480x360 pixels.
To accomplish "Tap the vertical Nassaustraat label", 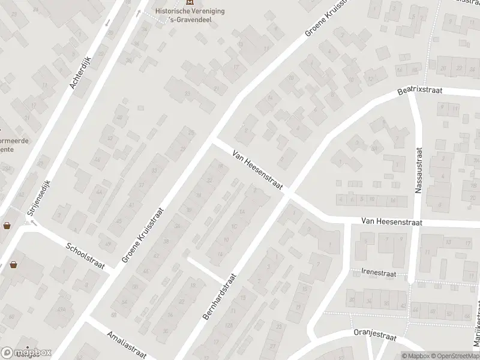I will (419, 172).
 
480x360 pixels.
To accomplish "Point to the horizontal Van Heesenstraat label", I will (392, 222).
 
